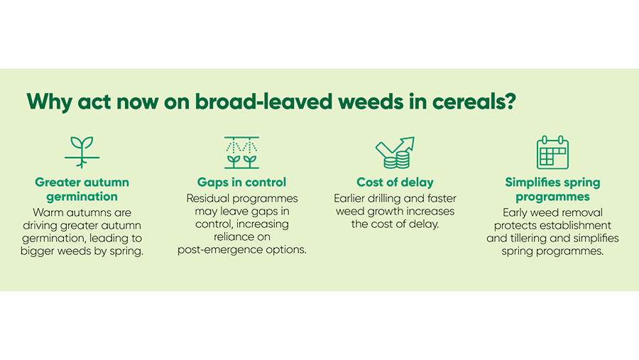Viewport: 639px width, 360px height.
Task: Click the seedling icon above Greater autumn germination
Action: (82, 152)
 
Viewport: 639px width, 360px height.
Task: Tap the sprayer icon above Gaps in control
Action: (241, 153)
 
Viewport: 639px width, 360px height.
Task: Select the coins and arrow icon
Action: (395, 153)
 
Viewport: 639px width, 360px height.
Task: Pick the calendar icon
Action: (552, 152)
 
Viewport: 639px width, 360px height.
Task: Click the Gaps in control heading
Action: (241, 182)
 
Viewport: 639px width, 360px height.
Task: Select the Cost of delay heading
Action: (395, 182)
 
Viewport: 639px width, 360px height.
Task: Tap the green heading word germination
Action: (82, 197)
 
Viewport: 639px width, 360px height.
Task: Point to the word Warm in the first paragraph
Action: (48, 212)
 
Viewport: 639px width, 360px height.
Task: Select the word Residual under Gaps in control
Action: (208, 198)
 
